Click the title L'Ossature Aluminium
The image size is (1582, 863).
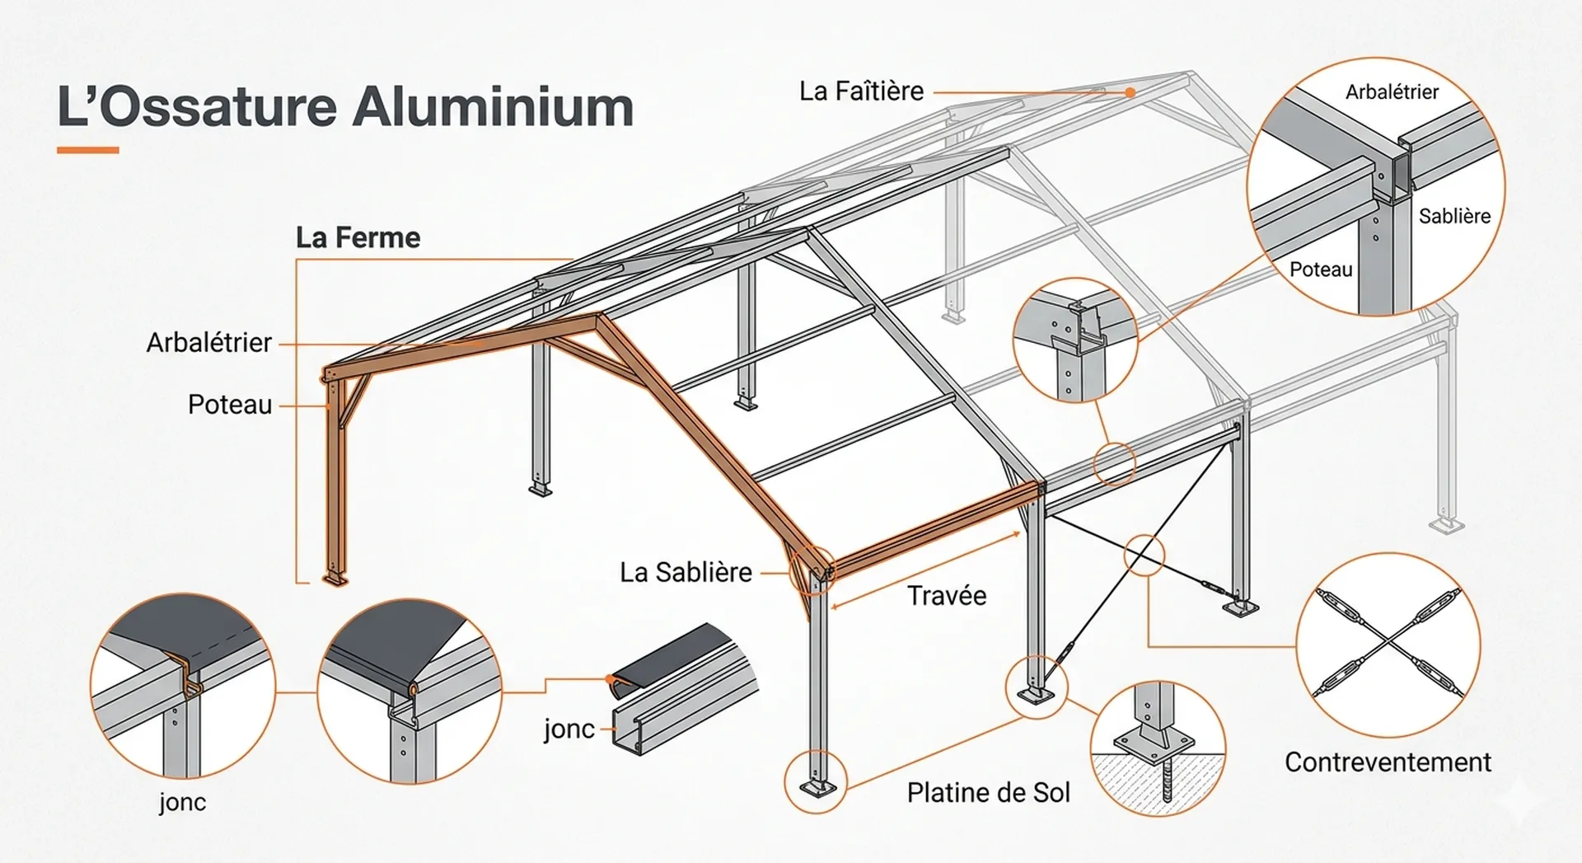[345, 106]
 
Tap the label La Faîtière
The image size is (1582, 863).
[861, 91]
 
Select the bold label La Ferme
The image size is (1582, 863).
[358, 238]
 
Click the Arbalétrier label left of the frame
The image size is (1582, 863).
[208, 342]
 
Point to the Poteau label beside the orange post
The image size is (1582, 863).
[229, 405]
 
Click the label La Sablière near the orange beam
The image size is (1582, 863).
[686, 572]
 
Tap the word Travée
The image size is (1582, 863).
[946, 595]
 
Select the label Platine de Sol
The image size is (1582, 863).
[988, 792]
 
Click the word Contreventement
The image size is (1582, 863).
[1388, 762]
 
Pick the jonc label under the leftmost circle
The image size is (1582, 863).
[182, 802]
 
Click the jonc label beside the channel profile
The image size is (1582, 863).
[569, 729]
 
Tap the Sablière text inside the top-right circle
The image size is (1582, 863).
[1454, 216]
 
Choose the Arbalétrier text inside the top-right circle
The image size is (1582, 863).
[1392, 91]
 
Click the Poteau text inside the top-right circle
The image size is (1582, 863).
[1321, 270]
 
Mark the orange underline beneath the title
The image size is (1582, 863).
[88, 150]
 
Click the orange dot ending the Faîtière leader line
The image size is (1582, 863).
[1130, 92]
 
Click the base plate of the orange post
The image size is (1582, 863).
[335, 579]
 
